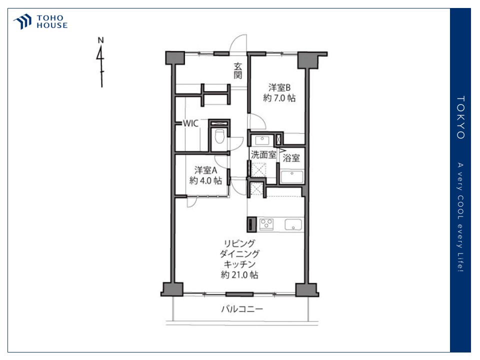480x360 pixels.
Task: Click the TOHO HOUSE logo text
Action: [52, 21]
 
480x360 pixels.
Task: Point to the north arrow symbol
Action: [100, 62]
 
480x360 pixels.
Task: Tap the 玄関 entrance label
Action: [238, 70]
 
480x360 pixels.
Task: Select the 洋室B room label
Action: [279, 87]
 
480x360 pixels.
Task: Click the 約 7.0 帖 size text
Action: [279, 98]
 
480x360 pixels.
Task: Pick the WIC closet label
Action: [190, 123]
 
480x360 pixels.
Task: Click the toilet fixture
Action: [219, 136]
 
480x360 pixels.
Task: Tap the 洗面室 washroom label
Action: [263, 154]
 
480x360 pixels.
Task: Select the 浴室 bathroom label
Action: [291, 158]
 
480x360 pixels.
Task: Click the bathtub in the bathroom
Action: [291, 177]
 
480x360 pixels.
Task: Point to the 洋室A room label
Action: [205, 170]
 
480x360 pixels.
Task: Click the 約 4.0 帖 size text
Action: [205, 180]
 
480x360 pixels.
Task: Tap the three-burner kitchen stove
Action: [266, 224]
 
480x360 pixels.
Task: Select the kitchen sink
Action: [293, 224]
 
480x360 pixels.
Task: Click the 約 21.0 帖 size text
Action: [239, 274]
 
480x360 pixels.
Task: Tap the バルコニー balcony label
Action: [242, 309]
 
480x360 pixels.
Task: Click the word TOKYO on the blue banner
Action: [460, 117]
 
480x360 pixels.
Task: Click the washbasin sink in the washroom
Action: [262, 140]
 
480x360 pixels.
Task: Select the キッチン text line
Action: [239, 264]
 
